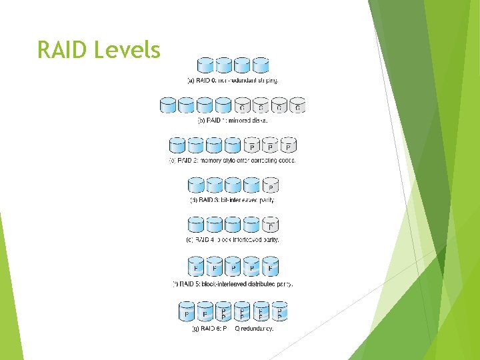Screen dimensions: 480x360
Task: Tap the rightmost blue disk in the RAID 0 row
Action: click(261, 65)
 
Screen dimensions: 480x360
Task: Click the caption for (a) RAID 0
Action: click(232, 81)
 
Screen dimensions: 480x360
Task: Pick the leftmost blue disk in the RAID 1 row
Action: click(168, 105)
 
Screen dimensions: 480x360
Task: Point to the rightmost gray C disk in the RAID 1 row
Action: click(297, 105)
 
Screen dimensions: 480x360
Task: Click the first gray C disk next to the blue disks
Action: click(242, 105)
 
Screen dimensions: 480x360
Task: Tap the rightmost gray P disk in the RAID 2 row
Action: click(289, 145)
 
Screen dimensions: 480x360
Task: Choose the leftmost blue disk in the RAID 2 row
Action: click(178, 145)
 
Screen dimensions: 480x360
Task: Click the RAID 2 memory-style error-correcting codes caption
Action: click(232, 161)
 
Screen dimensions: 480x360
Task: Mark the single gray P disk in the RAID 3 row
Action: click(270, 185)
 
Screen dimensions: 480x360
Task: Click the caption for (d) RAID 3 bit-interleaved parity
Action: click(232, 200)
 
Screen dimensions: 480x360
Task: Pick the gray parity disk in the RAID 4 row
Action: click(270, 225)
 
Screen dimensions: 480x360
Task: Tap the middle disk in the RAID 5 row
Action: click(233, 267)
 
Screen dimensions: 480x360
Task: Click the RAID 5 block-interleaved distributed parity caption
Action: click(233, 283)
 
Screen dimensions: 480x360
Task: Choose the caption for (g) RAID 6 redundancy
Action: click(232, 328)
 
